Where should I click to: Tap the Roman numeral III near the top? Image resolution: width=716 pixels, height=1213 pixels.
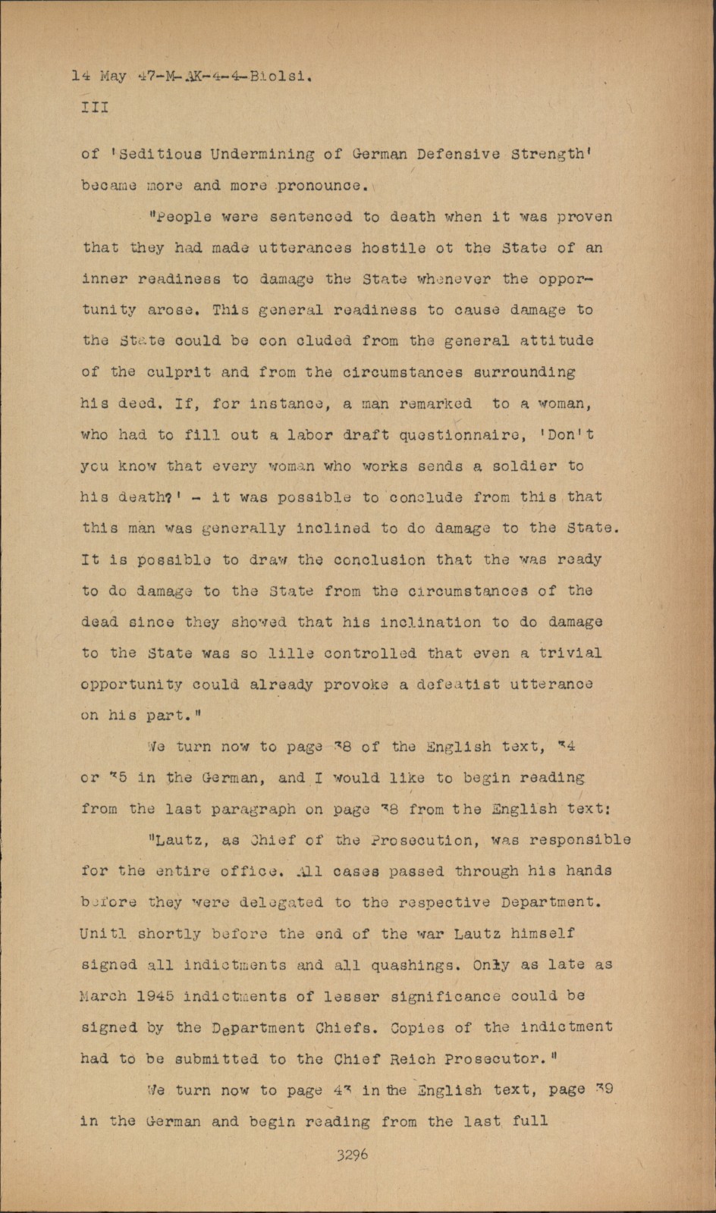pyautogui.click(x=95, y=108)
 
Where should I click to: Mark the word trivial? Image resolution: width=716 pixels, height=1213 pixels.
pyautogui.click(x=570, y=653)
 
